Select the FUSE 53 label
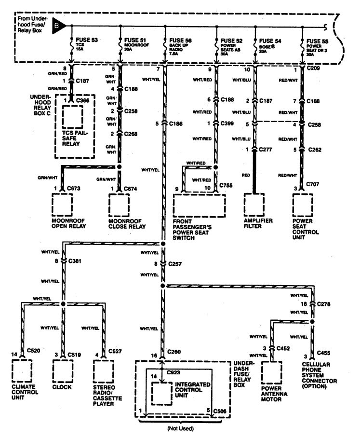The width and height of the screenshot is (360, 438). click(87, 41)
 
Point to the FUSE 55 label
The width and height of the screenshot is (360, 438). click(318, 41)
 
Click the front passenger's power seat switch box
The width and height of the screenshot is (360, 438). click(199, 205)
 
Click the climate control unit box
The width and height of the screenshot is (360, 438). click(22, 370)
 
